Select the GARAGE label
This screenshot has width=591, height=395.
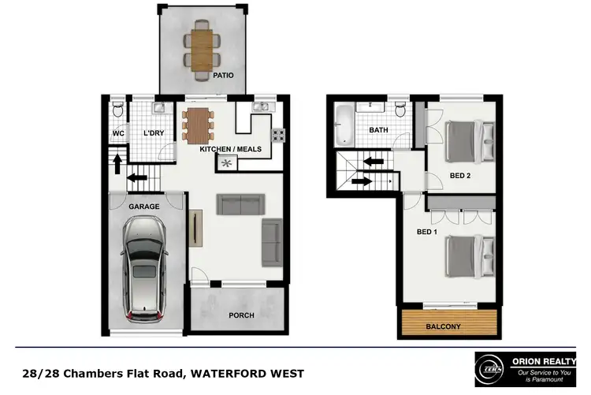144,207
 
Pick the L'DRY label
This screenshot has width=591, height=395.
153,133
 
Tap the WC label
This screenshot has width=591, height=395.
118,133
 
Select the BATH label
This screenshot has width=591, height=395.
379,130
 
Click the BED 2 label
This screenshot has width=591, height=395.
459,176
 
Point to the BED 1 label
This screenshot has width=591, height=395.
426,233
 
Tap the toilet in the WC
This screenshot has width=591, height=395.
117,108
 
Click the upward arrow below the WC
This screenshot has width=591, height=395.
118,164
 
